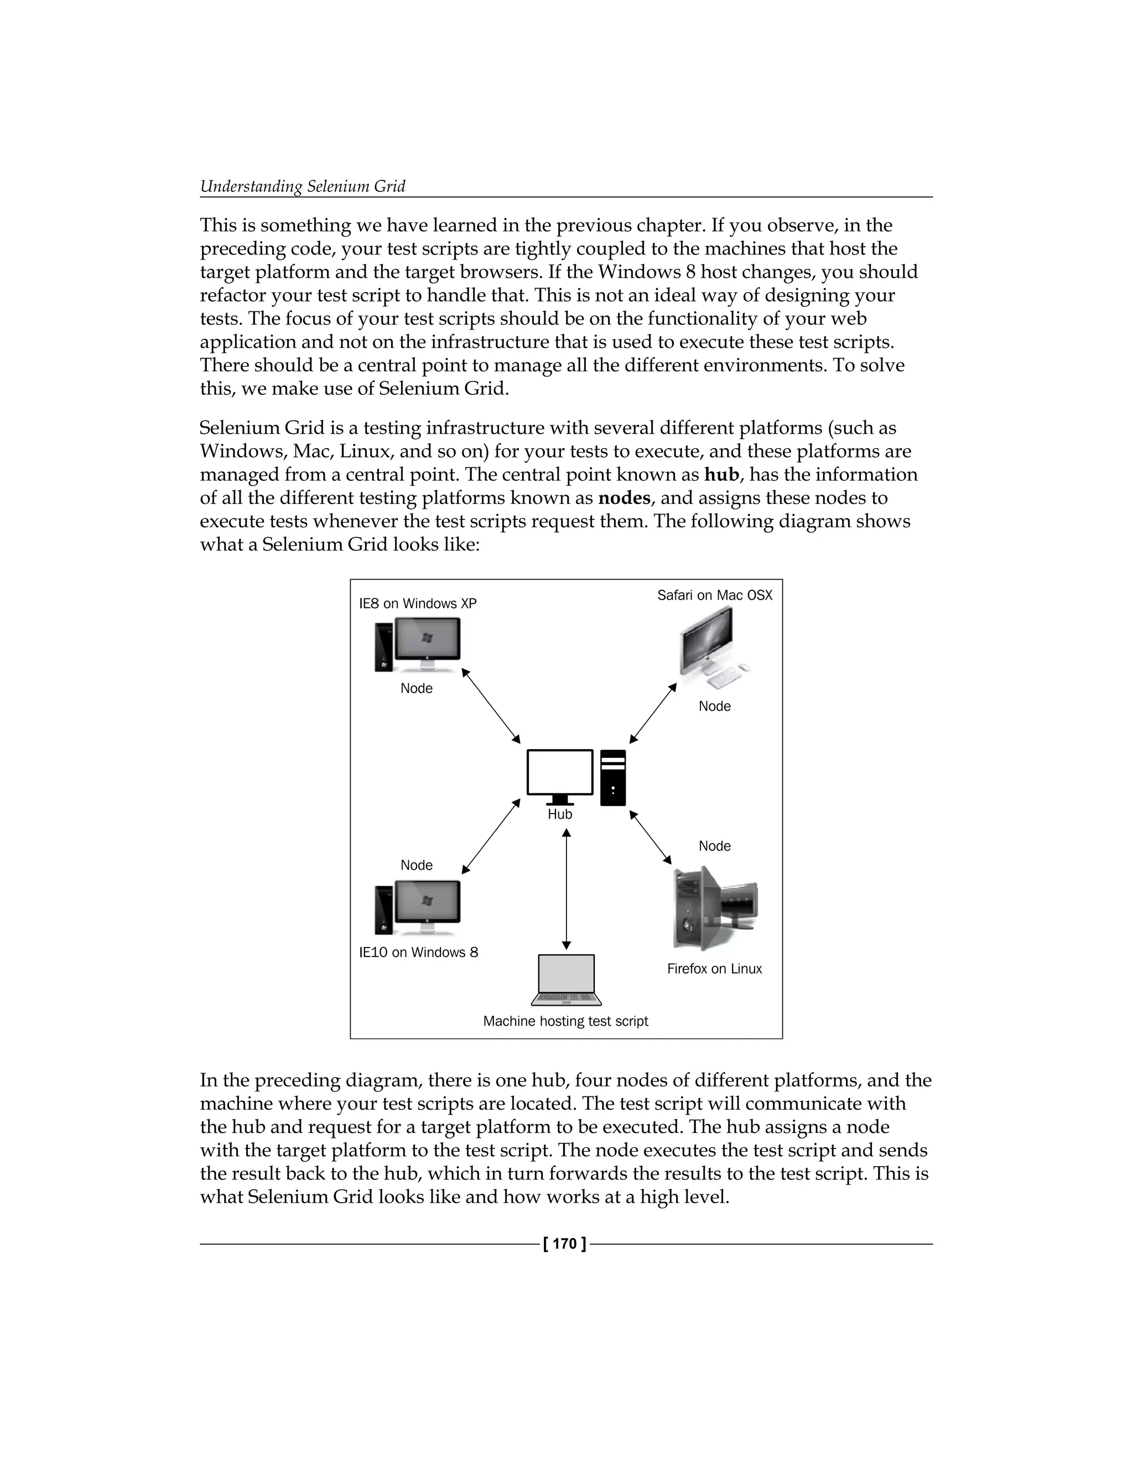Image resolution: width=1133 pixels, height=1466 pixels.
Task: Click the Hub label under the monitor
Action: (x=560, y=814)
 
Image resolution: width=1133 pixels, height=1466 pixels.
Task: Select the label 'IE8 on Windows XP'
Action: (x=418, y=604)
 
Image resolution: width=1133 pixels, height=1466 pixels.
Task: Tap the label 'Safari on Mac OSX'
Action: (x=714, y=595)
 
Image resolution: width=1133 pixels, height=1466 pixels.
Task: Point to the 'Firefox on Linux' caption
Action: (x=714, y=969)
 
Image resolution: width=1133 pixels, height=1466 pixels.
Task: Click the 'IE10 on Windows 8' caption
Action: (x=418, y=952)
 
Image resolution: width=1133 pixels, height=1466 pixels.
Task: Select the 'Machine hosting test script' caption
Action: (x=565, y=1021)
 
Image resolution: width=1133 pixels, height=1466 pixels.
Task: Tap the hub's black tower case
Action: (x=613, y=777)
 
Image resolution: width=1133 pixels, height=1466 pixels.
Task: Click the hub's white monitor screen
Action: (x=560, y=772)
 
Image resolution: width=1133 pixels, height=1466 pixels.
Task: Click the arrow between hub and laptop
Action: (x=566, y=889)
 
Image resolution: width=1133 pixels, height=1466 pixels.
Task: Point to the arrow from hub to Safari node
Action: (x=652, y=714)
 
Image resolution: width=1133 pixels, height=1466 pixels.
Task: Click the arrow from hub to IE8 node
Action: (x=491, y=706)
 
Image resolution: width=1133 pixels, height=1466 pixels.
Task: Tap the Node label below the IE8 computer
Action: (x=416, y=689)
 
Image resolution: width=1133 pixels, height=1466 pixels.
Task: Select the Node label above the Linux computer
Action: (x=714, y=846)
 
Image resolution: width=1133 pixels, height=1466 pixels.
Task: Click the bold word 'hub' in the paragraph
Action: (x=721, y=475)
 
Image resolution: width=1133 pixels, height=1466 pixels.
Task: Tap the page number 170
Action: (x=565, y=1244)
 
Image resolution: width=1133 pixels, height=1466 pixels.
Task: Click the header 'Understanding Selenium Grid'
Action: (x=303, y=186)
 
